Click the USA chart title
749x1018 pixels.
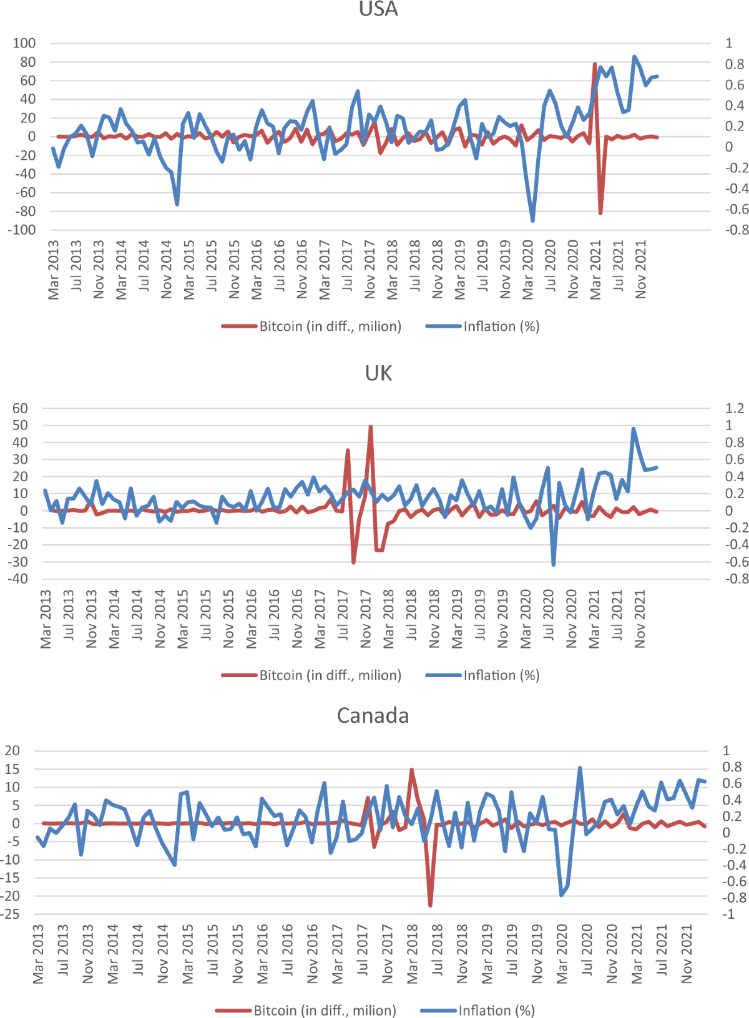pyautogui.click(x=378, y=9)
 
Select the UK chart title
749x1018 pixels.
pyautogui.click(x=378, y=373)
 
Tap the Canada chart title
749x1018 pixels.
pyautogui.click(x=373, y=715)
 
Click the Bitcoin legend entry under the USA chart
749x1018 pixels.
pyautogui.click(x=311, y=326)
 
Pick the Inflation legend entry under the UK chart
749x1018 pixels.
pyautogui.click(x=482, y=675)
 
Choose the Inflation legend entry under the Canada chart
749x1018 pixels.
pyautogui.click(x=477, y=1011)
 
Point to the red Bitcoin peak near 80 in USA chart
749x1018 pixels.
pyautogui.click(x=595, y=64)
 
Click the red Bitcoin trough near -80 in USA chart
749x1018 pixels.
pyautogui.click(x=600, y=213)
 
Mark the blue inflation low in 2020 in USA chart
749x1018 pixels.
pyautogui.click(x=532, y=220)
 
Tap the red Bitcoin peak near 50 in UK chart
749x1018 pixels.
pyautogui.click(x=371, y=428)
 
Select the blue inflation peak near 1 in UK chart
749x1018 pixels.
pyautogui.click(x=634, y=429)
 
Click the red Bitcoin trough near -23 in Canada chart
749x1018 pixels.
pyautogui.click(x=430, y=904)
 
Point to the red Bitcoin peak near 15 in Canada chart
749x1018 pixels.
pyautogui.click(x=411, y=770)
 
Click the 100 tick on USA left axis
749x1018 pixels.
pyautogui.click(x=24, y=43)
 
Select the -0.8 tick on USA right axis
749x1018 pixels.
pyautogui.click(x=736, y=230)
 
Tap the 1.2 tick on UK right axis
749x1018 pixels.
pyautogui.click(x=734, y=408)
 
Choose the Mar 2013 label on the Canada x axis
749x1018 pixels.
pyautogui.click(x=39, y=954)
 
